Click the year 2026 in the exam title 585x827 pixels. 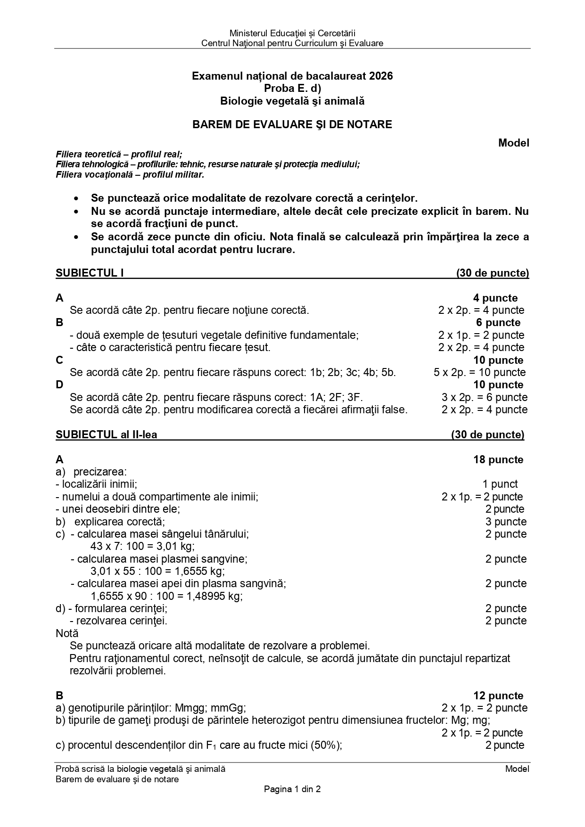coord(381,76)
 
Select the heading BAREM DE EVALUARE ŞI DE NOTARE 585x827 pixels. coord(292,124)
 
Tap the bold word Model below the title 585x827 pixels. coord(513,143)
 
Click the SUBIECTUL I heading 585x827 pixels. coord(90,273)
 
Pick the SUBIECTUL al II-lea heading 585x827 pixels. coord(106,434)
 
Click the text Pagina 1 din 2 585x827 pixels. coord(292,789)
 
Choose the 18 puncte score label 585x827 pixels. coord(498,459)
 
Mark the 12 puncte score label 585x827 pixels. coord(498,696)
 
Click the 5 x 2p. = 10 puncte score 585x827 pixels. coord(479,372)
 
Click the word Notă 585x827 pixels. coord(67,633)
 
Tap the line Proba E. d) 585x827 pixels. coord(292,88)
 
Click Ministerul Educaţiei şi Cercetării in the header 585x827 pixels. coord(292,33)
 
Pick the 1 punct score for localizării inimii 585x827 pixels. coord(500,484)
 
